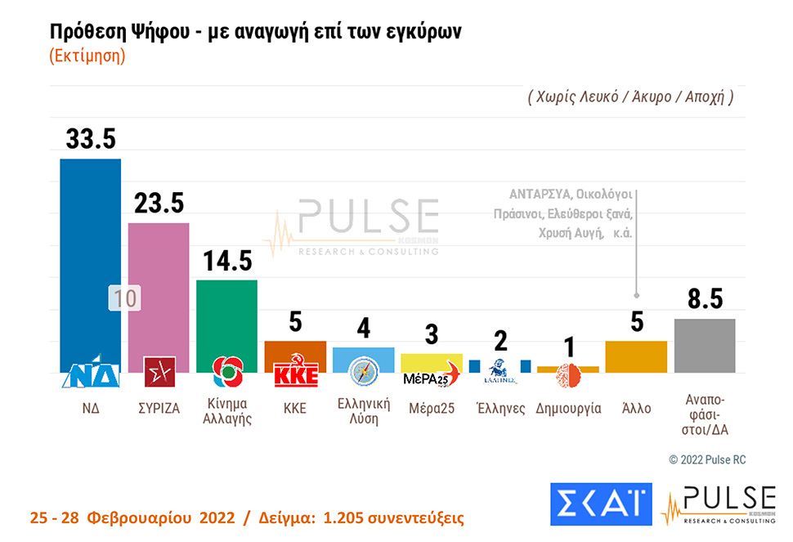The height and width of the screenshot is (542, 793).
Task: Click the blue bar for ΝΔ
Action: click(90, 253)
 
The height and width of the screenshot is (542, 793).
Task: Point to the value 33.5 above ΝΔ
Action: click(90, 139)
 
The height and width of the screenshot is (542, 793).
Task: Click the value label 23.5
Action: click(159, 204)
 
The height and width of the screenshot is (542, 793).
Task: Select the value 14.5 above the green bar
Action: click(227, 261)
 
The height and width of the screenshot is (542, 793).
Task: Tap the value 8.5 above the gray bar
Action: click(704, 299)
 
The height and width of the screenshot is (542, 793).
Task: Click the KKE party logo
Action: click(295, 374)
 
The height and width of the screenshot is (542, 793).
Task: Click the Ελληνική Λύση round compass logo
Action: click(363, 372)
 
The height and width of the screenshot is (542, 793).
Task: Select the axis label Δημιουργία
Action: click(568, 408)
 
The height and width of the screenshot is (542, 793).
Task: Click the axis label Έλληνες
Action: click(500, 408)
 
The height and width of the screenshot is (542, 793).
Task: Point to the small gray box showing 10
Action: click(124, 298)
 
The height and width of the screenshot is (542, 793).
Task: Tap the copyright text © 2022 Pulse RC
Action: click(706, 460)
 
